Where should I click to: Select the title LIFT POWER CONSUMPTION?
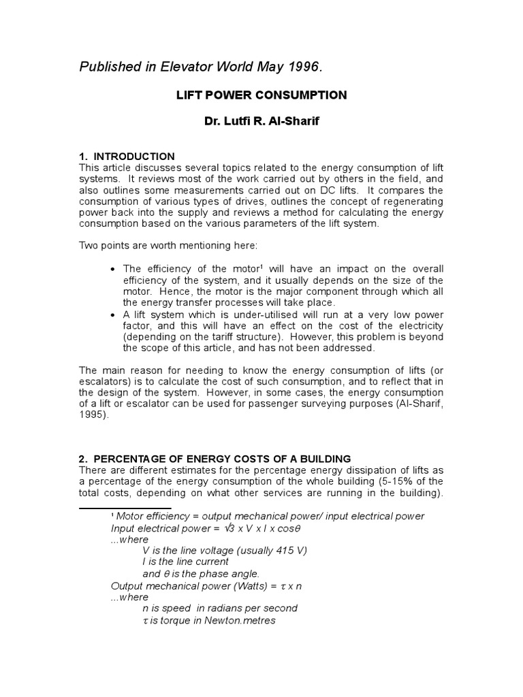coord(261,95)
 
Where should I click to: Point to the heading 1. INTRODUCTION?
coord(127,157)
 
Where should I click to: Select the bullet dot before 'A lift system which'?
coord(112,315)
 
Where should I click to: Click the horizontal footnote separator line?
coord(125,507)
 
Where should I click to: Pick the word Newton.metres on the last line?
coord(241,621)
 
